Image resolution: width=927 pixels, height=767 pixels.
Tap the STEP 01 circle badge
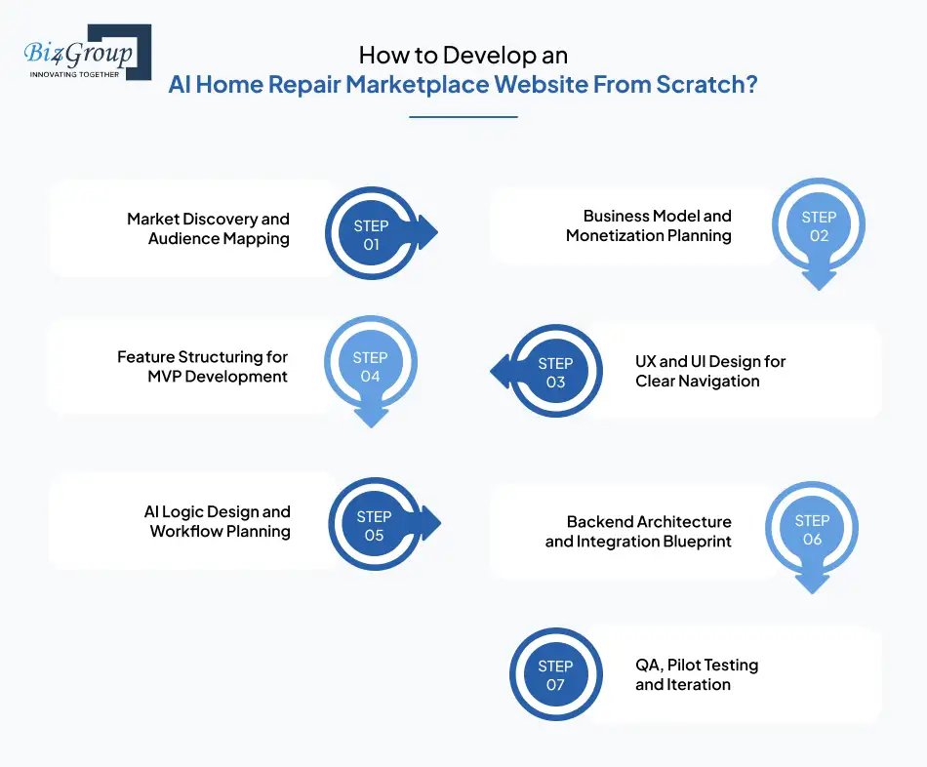click(x=371, y=235)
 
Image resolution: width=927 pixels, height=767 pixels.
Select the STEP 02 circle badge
click(x=819, y=226)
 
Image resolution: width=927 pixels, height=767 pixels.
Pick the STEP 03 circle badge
click(x=555, y=372)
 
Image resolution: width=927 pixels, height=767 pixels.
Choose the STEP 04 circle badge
click(x=370, y=366)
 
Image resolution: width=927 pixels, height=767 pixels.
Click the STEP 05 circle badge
click(x=374, y=525)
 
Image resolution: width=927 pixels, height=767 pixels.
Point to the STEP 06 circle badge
click(x=812, y=530)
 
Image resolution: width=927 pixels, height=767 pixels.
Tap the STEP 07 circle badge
click(x=555, y=675)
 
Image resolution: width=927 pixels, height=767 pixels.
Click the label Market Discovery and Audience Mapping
click(x=208, y=228)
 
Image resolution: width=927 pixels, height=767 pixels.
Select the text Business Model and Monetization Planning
click(x=648, y=225)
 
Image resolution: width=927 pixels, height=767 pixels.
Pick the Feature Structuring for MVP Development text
click(x=202, y=367)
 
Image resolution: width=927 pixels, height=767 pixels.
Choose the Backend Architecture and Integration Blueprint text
click(x=638, y=532)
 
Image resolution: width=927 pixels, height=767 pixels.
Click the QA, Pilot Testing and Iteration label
click(x=696, y=674)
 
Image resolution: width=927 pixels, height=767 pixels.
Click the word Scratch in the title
click(x=709, y=84)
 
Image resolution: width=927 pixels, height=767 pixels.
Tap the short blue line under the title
click(x=463, y=117)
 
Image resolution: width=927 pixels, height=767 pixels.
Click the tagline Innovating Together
click(x=75, y=73)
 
